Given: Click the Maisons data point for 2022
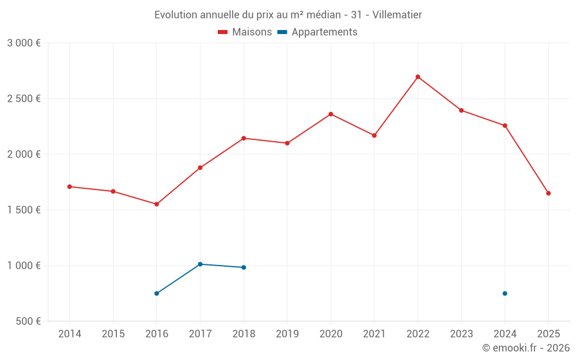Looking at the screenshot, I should pos(418,77).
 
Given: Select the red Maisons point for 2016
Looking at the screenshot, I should pos(157,204).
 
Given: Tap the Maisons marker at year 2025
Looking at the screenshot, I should pos(548,193).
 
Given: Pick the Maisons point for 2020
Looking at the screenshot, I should pos(331,114).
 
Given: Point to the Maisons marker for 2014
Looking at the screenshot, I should pos(70,187).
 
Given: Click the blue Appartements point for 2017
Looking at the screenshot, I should pos(200,264).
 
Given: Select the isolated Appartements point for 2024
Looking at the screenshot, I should pos(505,293).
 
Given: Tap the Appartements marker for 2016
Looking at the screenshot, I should pos(157,293).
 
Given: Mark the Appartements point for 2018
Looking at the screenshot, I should pos(244,267).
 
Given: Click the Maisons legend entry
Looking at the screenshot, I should pos(245,32).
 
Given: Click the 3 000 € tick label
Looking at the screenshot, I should pos(24,43).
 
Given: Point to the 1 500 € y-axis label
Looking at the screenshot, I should pos(24,210).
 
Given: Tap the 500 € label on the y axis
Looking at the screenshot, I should pos(28,321).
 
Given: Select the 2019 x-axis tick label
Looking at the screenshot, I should pos(287,334).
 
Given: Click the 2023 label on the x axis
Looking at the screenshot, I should pos(461,334).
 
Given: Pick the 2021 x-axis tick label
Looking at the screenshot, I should pos(374,334).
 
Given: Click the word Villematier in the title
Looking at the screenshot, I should pos(397,14).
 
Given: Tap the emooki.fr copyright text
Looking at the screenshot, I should pos(525,348).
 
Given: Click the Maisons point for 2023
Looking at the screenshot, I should pos(461,110).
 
